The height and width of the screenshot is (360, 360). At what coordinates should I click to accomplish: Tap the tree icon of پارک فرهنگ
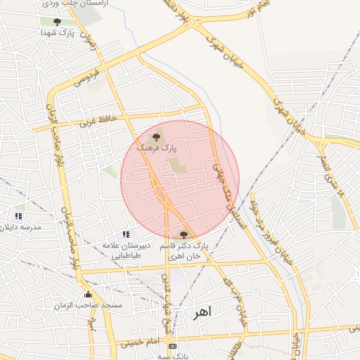[x=156, y=137]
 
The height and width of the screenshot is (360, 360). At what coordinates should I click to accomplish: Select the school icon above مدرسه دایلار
[x=18, y=216]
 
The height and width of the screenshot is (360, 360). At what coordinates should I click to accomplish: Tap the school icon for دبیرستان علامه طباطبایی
[x=125, y=234]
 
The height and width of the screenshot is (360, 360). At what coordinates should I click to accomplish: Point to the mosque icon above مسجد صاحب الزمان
[x=88, y=294]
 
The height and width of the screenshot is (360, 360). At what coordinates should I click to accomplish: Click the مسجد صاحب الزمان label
[x=88, y=305]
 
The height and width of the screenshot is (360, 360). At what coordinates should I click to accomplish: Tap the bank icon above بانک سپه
[x=172, y=347]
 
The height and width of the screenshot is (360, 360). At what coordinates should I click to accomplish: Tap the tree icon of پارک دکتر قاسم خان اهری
[x=184, y=235]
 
